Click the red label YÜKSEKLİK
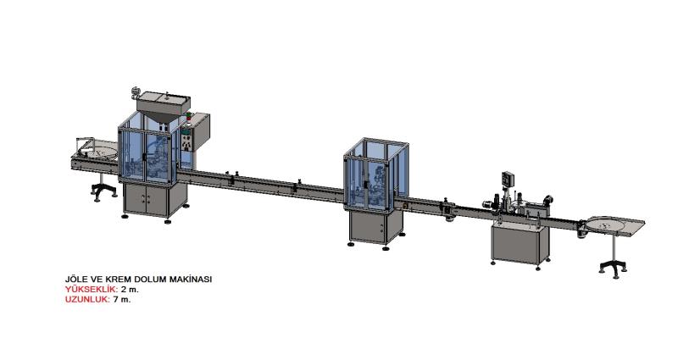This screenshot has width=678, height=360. tap(92, 289)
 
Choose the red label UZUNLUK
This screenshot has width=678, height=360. tap(87, 299)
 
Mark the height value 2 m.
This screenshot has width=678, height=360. tap(130, 289)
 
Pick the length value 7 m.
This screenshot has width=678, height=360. tap(121, 299)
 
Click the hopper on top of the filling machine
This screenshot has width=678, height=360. tap(164, 106)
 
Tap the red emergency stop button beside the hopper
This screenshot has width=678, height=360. tap(188, 115)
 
